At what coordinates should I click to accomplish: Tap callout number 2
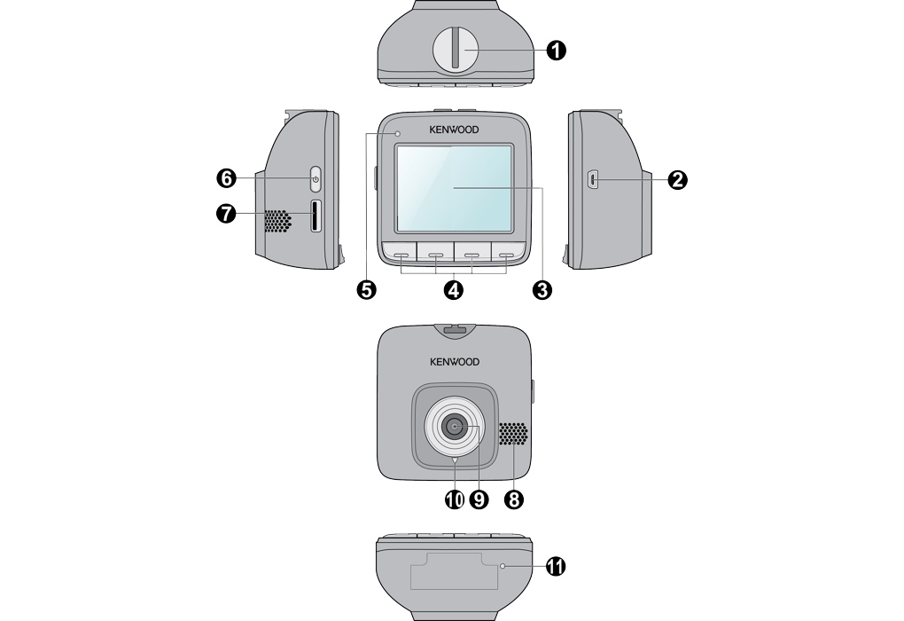677,180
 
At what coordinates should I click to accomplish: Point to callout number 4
454,290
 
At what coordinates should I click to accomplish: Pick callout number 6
227,179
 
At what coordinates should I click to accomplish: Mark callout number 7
227,214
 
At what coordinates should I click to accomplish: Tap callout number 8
512,499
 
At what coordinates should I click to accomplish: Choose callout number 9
479,499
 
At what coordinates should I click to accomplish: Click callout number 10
455,499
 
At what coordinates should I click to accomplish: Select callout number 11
557,566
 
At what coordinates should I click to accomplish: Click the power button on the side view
316,180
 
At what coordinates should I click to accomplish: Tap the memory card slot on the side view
316,216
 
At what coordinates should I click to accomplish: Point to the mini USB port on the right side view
592,180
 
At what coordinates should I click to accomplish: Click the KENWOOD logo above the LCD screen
454,130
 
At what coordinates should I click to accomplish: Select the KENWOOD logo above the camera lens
454,362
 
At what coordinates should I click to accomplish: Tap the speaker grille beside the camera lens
513,435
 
